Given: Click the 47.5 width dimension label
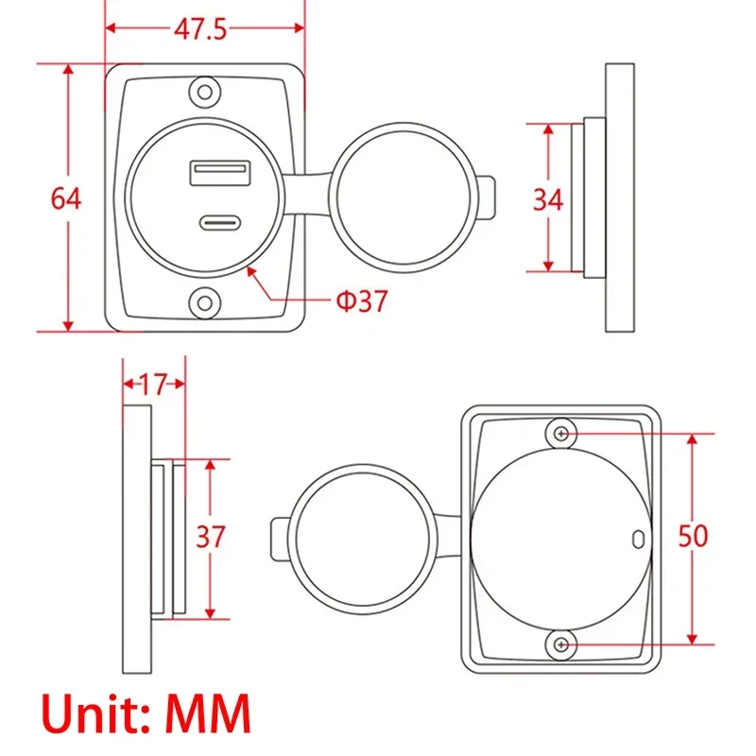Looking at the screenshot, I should tap(200, 29).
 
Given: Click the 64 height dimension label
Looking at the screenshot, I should tap(66, 199).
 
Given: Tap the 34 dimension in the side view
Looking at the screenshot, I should tap(548, 199).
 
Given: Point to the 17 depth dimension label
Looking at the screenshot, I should tap(152, 384).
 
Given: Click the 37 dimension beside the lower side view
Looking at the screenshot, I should tap(210, 536).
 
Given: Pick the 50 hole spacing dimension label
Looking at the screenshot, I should tap(694, 536).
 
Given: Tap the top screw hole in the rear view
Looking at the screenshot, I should tap(562, 433).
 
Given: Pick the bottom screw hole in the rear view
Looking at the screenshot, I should tap(562, 644).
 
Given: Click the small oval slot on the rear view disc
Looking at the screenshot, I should tap(637, 538).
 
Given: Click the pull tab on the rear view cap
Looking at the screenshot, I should tap(281, 538).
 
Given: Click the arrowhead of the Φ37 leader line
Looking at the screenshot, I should tap(249, 269).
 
